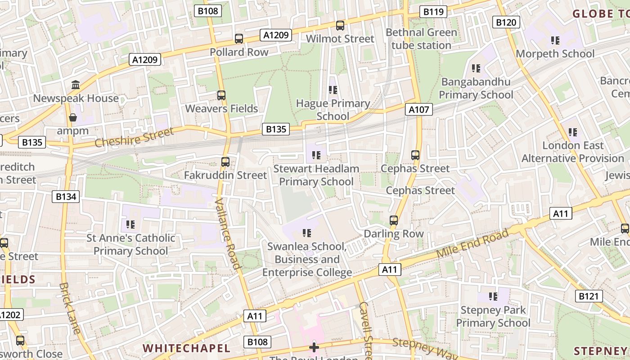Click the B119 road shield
click(x=433, y=12)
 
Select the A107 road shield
click(x=419, y=109)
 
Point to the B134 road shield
click(x=66, y=197)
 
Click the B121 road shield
click(x=589, y=296)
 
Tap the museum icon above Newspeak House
click(x=76, y=85)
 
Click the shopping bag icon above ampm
click(x=72, y=118)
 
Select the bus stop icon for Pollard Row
click(x=239, y=39)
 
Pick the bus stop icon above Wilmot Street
click(x=340, y=26)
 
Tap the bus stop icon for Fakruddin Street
click(x=225, y=162)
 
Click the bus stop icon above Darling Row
click(x=394, y=220)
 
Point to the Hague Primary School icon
click(x=333, y=90)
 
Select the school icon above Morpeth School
click(x=555, y=40)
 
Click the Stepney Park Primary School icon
click(x=493, y=297)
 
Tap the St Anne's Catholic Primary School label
click(x=131, y=244)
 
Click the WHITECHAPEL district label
click(x=186, y=348)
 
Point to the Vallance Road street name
click(x=229, y=234)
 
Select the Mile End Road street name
click(x=472, y=243)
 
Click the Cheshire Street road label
click(x=134, y=137)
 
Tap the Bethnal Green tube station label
click(x=421, y=39)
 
